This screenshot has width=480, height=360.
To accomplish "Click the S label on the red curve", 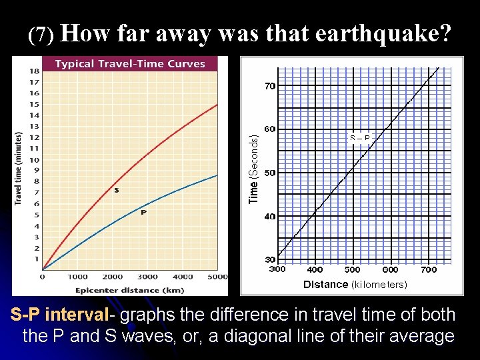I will click(117, 190).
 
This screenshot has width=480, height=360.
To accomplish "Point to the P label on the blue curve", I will click(143, 213).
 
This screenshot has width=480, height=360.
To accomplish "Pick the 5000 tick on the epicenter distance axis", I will click(217, 277).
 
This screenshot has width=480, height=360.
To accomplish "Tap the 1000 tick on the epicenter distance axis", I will click(77, 277).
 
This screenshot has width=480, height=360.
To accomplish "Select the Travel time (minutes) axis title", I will click(18, 169).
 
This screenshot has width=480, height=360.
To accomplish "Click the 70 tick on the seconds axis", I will click(270, 86).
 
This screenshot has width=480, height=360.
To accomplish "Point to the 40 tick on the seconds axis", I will click(270, 217).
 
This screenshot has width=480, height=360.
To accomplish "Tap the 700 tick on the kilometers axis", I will click(429, 270).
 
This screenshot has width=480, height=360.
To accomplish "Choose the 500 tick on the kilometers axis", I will click(352, 270).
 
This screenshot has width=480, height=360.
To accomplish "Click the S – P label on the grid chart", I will click(359, 138).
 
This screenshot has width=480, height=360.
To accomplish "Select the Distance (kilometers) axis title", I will click(355, 285).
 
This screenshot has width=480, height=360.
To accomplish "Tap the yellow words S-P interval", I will click(57, 315).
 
